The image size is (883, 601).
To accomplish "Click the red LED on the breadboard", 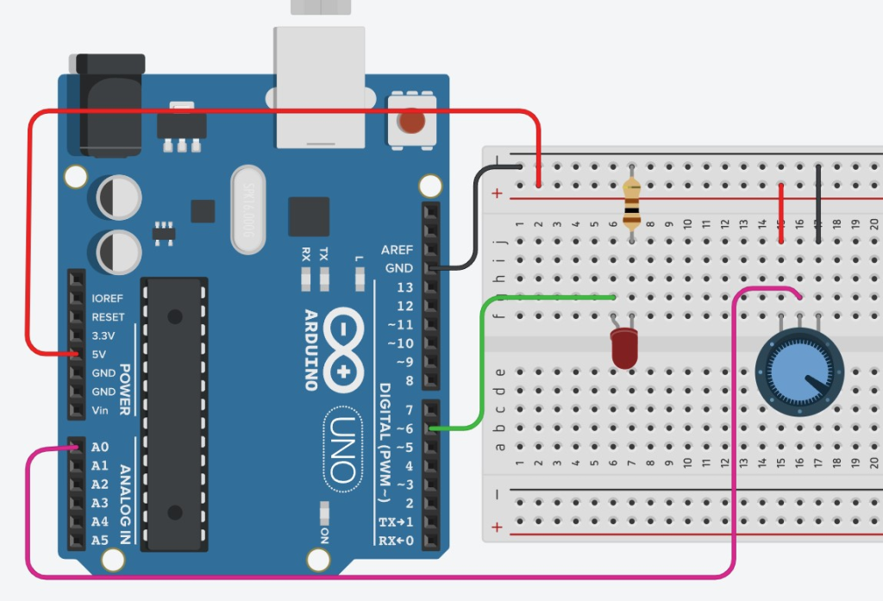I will tap(623, 348).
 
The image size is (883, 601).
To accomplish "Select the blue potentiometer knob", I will tap(797, 369).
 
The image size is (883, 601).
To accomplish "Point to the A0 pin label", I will tap(101, 448).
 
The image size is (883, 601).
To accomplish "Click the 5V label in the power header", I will tap(98, 354).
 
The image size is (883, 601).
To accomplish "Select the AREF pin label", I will tap(397, 249).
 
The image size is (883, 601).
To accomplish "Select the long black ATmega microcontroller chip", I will tap(175, 414).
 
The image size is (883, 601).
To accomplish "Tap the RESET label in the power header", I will tap(108, 317).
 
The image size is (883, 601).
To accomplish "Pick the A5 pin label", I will tap(101, 541).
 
